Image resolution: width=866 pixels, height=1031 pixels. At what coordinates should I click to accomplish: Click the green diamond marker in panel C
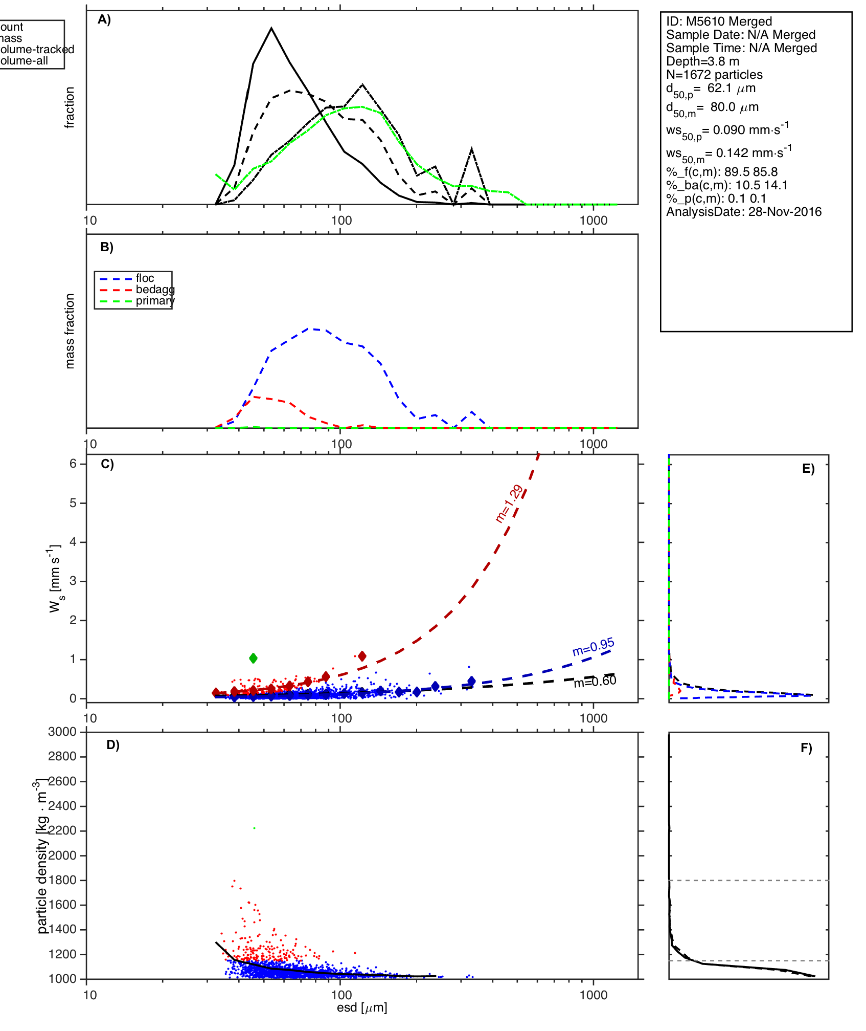(253, 658)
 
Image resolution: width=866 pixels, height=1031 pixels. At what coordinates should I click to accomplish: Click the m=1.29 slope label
(509, 503)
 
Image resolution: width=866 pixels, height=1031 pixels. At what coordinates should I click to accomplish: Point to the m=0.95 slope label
(593, 647)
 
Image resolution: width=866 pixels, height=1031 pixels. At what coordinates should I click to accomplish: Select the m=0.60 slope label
(595, 682)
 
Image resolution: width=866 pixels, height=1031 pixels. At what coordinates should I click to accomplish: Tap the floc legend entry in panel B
(145, 278)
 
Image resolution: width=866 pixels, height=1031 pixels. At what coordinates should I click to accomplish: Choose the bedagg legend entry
(155, 290)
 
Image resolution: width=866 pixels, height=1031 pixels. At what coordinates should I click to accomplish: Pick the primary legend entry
(154, 301)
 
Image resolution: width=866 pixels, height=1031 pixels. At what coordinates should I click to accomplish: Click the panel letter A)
(104, 19)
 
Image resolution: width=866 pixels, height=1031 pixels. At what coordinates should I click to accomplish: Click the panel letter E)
(808, 469)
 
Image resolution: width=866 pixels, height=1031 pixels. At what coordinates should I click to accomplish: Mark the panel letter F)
(806, 748)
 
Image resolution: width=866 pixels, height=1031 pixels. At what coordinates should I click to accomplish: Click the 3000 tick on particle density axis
(62, 732)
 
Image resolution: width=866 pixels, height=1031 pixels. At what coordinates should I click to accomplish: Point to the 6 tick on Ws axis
(73, 464)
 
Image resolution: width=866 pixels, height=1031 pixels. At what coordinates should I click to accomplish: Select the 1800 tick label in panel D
(62, 880)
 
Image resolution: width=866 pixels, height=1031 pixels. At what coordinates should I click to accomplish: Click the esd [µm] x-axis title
(362, 1008)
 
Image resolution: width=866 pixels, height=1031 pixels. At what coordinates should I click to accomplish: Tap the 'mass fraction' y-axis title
(70, 331)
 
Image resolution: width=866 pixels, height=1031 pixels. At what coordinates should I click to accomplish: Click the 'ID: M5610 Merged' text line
(719, 21)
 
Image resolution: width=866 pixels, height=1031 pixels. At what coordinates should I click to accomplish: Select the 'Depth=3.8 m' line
(702, 61)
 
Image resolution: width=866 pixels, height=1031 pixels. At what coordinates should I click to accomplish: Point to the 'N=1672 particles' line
(714, 75)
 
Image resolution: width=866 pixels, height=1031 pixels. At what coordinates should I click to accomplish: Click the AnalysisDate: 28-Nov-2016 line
(744, 212)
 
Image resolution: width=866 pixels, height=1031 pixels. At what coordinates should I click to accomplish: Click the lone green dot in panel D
(254, 828)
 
